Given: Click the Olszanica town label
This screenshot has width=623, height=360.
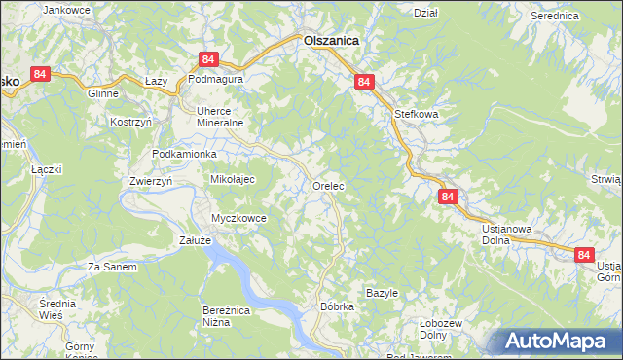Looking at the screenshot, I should [331, 41].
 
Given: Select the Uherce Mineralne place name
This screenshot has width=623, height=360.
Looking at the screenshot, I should [219, 117].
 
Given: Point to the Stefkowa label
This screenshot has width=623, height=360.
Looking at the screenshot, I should [417, 114].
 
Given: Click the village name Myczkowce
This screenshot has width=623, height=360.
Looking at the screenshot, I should [239, 218].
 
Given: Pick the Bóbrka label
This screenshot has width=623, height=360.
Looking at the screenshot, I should [337, 306].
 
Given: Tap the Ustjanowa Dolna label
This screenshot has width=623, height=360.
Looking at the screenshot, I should [506, 234].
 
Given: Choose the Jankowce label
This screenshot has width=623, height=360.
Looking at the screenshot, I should [67, 10].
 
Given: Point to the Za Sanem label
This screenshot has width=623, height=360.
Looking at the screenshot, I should [112, 267].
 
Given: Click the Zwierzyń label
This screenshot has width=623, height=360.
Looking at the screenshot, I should [151, 181].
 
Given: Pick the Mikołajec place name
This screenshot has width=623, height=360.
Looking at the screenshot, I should [233, 180].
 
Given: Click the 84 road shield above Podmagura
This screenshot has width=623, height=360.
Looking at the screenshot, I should [207, 59].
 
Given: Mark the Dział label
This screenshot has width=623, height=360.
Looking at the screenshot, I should [425, 13].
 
